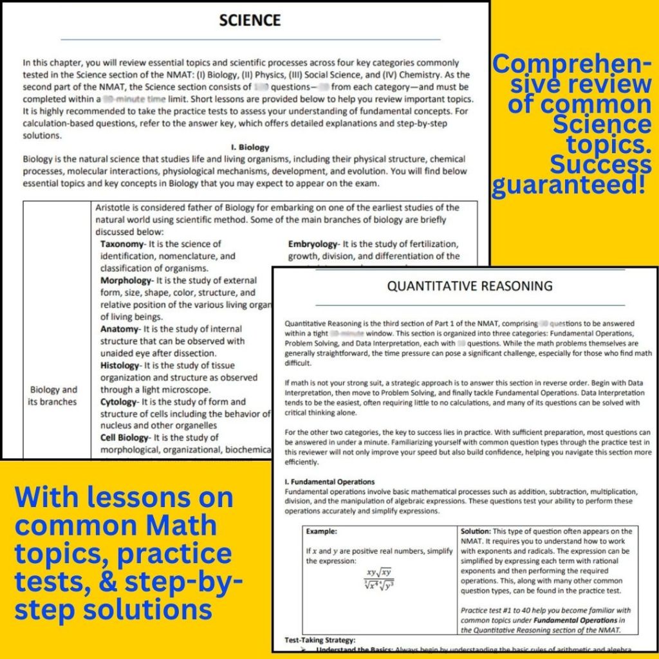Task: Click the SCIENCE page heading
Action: click(x=250, y=20)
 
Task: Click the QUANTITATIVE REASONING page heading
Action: click(x=469, y=286)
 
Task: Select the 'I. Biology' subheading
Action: click(x=250, y=147)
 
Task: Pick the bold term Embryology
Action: click(x=313, y=244)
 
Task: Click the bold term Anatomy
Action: click(x=120, y=329)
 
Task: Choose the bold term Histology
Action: click(x=120, y=366)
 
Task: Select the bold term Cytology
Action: click(x=119, y=402)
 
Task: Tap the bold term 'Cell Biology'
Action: click(x=124, y=438)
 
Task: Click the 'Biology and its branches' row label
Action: click(x=53, y=396)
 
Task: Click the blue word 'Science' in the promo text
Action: click(x=602, y=124)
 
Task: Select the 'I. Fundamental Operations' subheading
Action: click(x=329, y=481)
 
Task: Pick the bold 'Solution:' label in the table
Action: click(x=476, y=532)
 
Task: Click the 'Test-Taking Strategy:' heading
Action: click(x=320, y=640)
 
